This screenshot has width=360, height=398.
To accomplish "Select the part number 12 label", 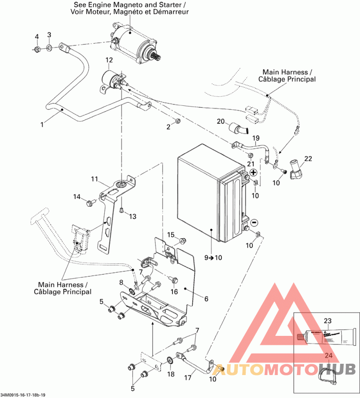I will (109, 60).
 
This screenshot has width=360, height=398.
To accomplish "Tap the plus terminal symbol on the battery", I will (253, 173).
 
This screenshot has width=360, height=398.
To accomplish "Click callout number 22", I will (308, 158).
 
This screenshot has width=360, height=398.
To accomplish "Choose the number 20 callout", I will (220, 121).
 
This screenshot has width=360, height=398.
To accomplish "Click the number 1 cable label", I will (42, 124).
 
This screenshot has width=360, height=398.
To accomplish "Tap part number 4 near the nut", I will (37, 36).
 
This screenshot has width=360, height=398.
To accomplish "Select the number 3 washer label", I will (49, 35).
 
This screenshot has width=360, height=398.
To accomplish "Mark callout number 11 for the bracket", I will (94, 179).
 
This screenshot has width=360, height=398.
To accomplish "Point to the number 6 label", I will (206, 298).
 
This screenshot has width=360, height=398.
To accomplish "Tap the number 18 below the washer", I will (171, 374).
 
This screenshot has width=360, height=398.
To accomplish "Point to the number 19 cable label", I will (256, 138).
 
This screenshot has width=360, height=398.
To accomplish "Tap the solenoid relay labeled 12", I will (112, 81).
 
